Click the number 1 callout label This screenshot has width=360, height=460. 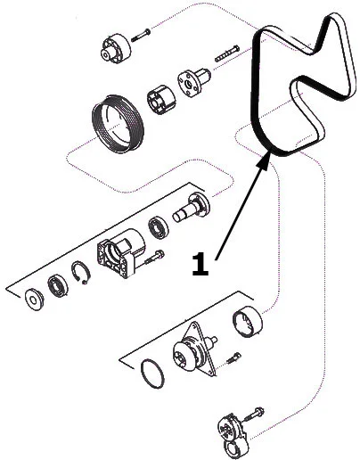coord(200,264)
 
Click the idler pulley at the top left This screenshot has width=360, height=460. coord(115,48)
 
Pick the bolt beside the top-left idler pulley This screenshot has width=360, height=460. coord(140,35)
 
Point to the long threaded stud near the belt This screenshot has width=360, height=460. coord(227,53)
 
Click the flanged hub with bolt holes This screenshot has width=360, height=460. coord(193,81)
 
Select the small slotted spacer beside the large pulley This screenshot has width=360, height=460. coord(161,100)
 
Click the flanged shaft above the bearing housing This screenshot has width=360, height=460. coord(192,207)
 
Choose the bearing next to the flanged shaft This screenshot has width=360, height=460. coord(159,227)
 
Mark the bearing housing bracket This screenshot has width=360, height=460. coord(120,253)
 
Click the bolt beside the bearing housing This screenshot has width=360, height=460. coord(154,258)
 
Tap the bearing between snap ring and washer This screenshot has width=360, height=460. coord(58,285)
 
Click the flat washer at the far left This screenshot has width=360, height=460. coord(35,300)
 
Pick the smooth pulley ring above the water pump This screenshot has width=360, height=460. coord(247,322)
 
